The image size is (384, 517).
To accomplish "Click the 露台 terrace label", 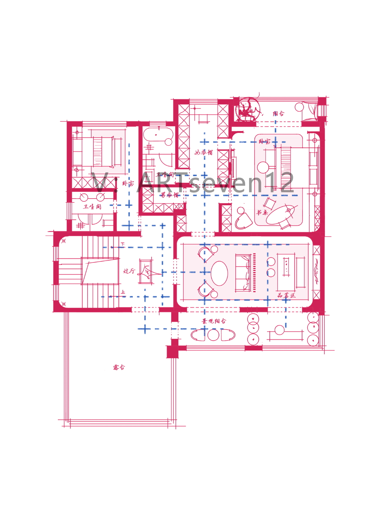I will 119,367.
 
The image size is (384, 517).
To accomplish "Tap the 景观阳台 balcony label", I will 214,321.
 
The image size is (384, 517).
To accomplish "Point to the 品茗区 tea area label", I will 286,295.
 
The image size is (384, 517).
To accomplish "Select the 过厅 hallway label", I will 129,271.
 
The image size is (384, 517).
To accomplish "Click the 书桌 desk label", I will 262,213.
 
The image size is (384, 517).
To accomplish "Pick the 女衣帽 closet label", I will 203,152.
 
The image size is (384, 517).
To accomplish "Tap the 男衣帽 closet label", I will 169,195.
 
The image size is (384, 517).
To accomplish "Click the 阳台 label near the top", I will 278,113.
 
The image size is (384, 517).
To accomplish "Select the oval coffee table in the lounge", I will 219,273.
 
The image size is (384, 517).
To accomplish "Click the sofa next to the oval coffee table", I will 243,273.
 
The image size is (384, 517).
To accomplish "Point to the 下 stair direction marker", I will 123,244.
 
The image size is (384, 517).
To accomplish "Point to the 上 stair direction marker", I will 123,292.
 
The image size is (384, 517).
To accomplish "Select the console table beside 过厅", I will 146,271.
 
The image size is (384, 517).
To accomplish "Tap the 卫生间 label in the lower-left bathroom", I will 92,206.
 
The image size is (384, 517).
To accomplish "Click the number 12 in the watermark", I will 282,182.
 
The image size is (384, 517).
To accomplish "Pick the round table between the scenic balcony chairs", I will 213,335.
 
